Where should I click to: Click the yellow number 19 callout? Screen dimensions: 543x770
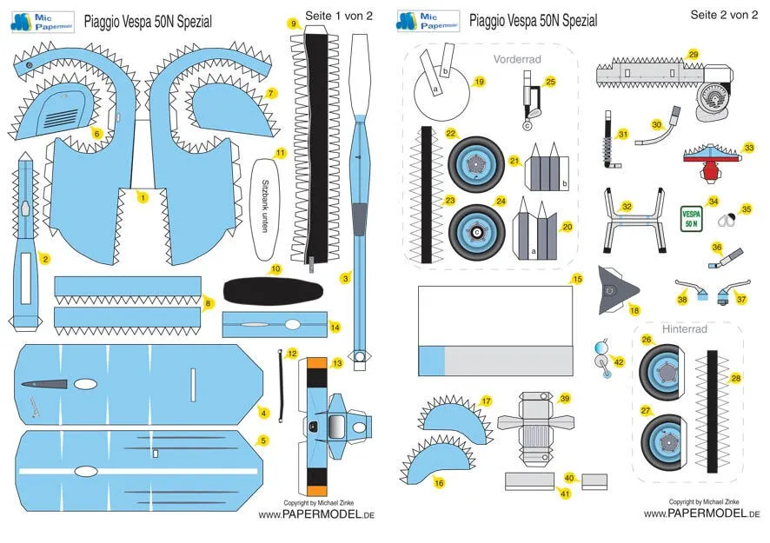coord(480,82)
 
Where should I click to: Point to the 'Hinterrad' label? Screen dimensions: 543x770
coord(685,330)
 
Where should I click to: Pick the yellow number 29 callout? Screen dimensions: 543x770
coord(693,54)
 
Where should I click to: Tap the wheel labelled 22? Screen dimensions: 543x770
coord(476,162)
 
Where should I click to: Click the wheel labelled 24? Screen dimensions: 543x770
coord(477,232)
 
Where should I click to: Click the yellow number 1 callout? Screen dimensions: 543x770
coord(143,198)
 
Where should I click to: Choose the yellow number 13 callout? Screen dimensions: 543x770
coord(337,362)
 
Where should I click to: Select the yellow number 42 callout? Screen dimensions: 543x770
coord(618,361)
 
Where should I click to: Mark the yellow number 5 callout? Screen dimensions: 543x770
coord(264,440)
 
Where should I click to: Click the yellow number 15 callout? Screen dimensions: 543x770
coord(577,280)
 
